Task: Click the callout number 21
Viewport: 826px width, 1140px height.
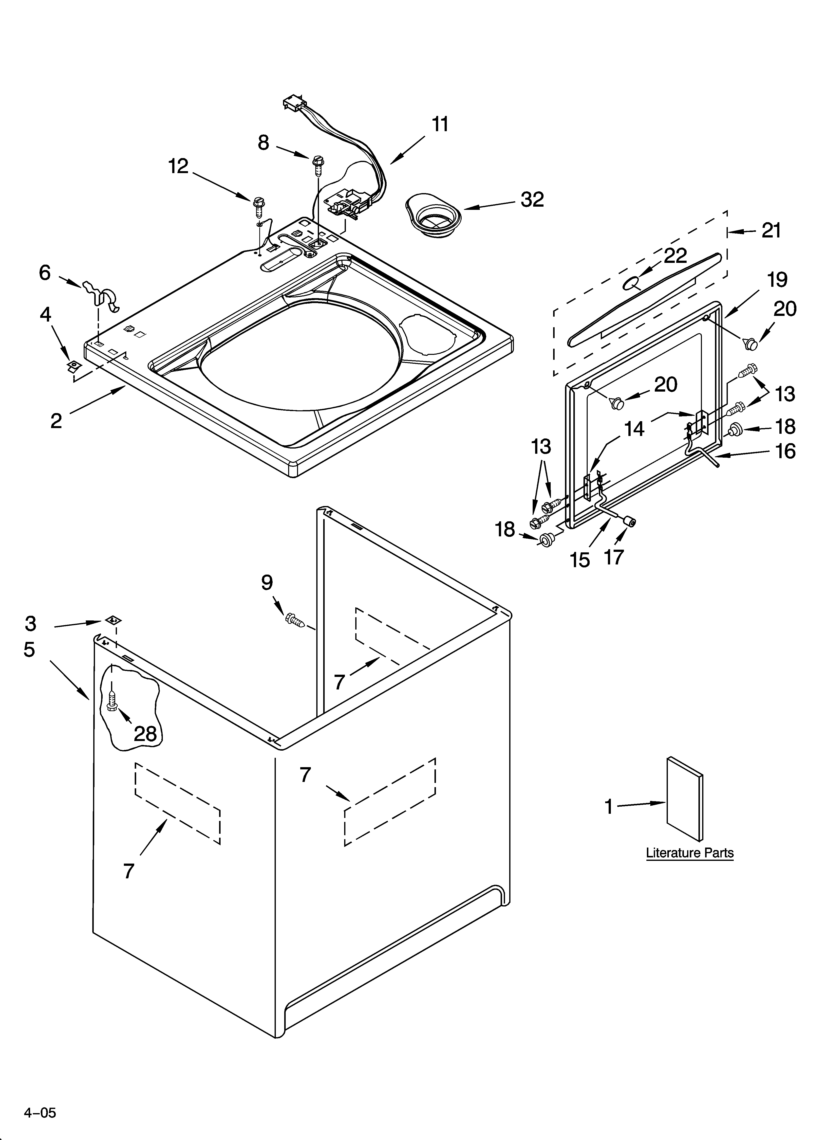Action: (771, 230)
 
